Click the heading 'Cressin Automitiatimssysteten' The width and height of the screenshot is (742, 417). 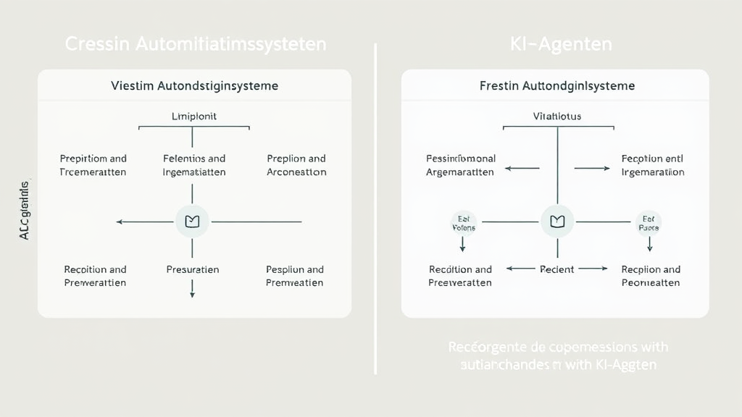[196, 44]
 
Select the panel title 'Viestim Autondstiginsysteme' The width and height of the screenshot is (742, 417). [194, 86]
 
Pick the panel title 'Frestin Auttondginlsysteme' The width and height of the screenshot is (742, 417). [557, 86]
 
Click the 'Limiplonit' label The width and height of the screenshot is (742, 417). [193, 116]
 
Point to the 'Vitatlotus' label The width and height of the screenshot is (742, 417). [556, 116]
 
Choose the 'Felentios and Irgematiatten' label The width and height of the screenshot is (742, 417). [194, 165]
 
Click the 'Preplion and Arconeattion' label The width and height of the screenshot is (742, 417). [296, 165]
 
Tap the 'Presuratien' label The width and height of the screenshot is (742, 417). [193, 269]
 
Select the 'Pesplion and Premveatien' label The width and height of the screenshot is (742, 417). [295, 276]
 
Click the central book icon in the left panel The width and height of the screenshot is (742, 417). [192, 222]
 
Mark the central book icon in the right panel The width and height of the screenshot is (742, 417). [557, 222]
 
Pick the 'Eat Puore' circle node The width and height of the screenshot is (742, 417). [649, 222]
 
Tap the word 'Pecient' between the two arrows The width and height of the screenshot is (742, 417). [557, 269]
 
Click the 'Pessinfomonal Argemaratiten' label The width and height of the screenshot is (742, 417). [460, 165]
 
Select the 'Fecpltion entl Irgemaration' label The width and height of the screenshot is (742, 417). [653, 165]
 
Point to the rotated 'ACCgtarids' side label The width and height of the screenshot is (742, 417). [24, 210]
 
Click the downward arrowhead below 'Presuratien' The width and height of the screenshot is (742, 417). [192, 294]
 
